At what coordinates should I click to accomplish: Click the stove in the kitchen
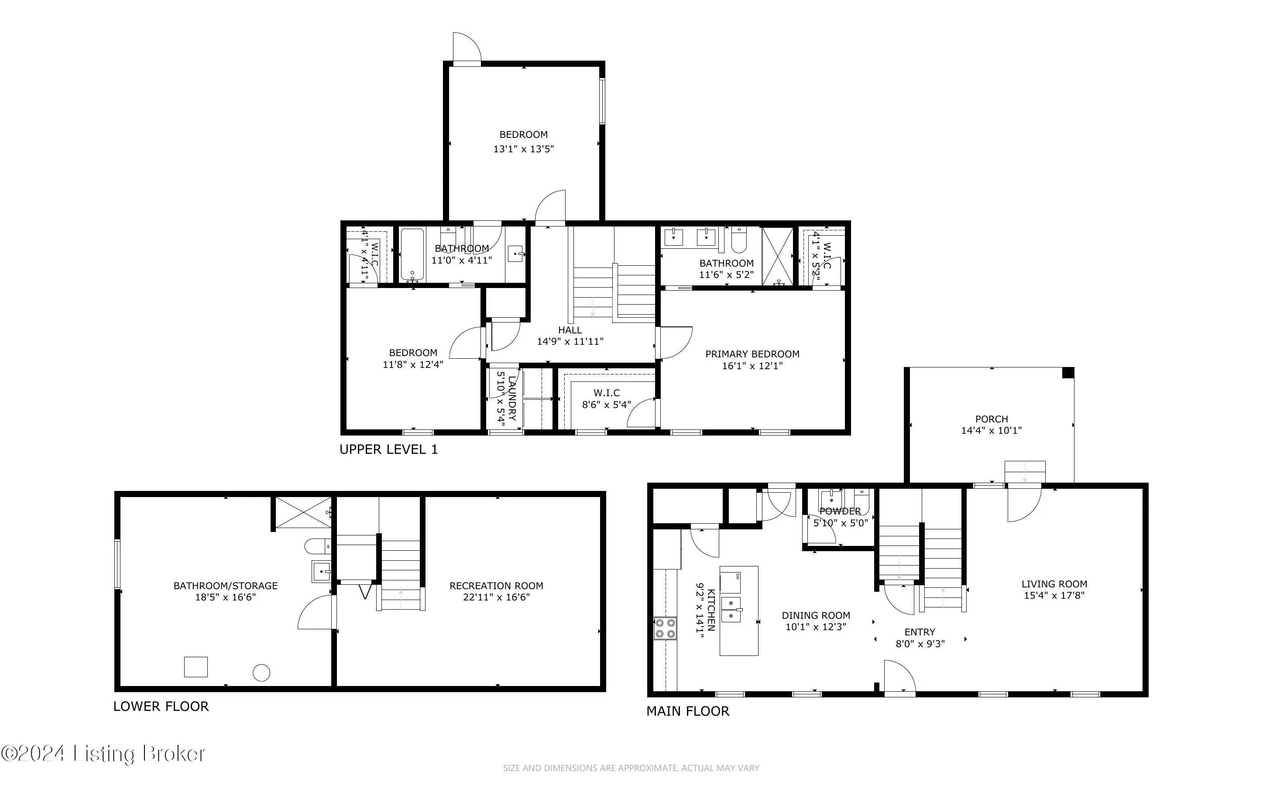coord(665,628)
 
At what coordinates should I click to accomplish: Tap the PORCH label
coord(991,419)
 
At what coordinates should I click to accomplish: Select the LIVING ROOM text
coord(1054,584)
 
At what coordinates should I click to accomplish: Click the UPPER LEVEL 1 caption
coord(389,449)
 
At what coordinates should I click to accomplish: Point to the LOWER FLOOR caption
coord(161,706)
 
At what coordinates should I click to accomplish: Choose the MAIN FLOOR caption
coord(688,711)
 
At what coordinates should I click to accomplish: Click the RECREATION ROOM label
coord(496,586)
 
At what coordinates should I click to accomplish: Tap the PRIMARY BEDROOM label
coord(752,354)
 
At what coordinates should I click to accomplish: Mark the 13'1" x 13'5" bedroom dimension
coord(524,149)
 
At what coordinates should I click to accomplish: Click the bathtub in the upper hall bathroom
coord(412,255)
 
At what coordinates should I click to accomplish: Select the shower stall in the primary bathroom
coord(777,256)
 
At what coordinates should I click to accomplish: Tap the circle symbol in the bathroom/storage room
coord(261,672)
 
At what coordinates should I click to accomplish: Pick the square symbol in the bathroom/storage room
coord(196,667)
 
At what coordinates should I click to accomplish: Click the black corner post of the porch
coord(1068,373)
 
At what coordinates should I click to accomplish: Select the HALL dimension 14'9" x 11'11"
coord(570,341)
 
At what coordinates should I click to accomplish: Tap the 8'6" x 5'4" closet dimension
coord(606,405)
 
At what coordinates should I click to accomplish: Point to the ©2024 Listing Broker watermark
coord(103,754)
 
